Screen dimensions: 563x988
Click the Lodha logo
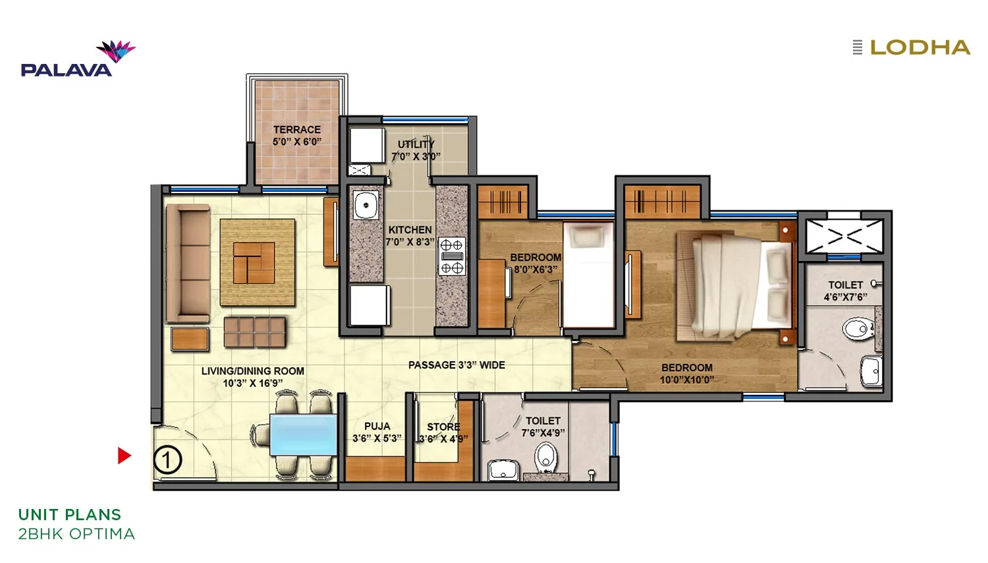913,47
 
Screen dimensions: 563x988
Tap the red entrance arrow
124,456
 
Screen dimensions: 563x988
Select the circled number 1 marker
167,460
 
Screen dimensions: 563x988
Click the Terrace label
297,136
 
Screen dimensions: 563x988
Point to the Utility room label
416,150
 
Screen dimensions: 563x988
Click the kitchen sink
366,205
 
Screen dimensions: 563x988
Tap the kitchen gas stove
452,256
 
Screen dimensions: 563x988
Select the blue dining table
303,434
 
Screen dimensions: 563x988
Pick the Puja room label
377,432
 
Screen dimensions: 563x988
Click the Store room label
443,432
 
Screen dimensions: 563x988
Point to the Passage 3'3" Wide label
456,365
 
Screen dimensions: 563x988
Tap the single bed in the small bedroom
588,274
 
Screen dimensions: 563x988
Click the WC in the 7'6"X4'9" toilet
546,457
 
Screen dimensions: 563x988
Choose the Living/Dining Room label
253,377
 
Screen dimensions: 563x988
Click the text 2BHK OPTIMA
76,534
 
